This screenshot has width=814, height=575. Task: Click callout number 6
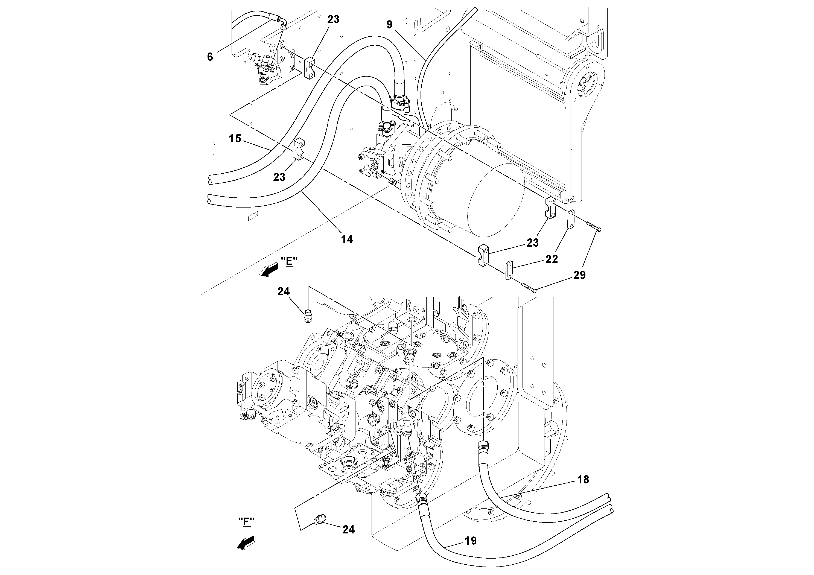click(210, 56)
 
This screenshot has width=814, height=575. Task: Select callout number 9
click(389, 25)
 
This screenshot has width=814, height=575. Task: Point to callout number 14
click(347, 239)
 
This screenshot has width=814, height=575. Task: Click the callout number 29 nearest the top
click(580, 275)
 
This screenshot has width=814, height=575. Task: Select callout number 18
click(583, 480)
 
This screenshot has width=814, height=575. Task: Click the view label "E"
click(289, 261)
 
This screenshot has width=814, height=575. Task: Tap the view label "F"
click(246, 521)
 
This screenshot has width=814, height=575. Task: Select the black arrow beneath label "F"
click(247, 543)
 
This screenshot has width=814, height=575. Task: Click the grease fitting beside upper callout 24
click(307, 316)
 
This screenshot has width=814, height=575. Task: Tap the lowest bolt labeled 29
click(528, 287)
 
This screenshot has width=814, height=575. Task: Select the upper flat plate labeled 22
click(571, 220)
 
